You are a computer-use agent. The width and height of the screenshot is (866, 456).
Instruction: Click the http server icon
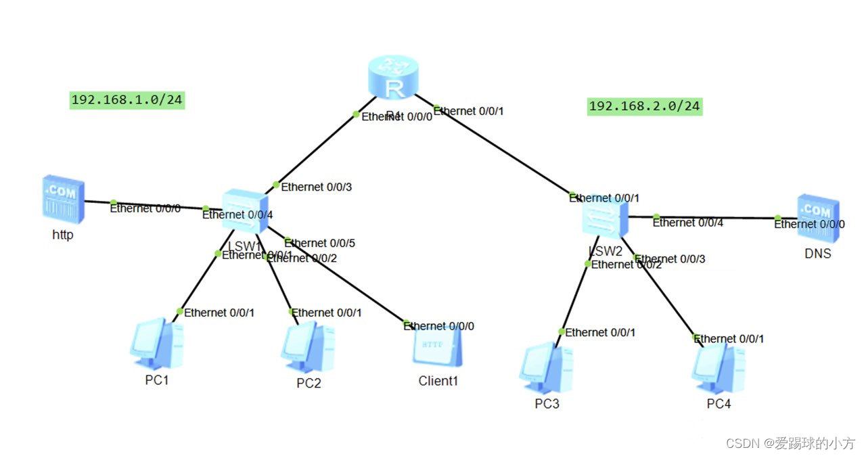(63, 201)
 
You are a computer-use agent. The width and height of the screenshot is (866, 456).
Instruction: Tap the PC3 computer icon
(546, 369)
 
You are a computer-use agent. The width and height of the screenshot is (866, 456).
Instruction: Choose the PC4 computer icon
(718, 369)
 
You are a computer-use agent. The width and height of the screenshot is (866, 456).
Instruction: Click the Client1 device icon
(438, 348)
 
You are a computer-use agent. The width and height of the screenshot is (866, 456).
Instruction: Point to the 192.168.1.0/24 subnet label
(127, 100)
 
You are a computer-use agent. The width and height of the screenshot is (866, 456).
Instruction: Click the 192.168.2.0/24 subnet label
(644, 106)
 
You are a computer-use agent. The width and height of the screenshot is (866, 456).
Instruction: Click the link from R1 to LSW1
(315, 150)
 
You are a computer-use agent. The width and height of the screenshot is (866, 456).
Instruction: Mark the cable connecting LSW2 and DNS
(710, 218)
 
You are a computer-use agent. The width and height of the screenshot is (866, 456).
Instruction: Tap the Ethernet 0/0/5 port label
(319, 243)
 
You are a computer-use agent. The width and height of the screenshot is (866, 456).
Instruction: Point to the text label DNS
(817, 254)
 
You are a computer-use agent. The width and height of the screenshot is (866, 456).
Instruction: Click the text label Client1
(438, 381)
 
